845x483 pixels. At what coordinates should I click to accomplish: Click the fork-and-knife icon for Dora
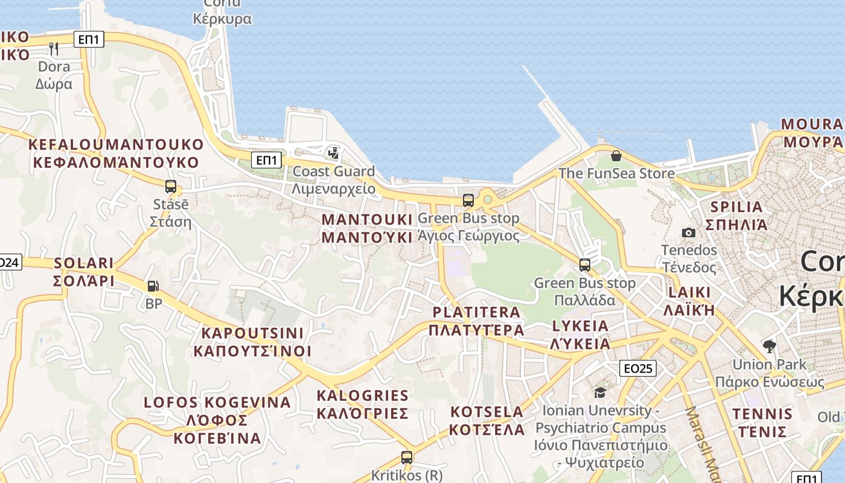pyautogui.click(x=54, y=48)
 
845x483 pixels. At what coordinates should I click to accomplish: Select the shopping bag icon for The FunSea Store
pyautogui.click(x=616, y=156)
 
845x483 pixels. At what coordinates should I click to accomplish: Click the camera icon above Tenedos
pyautogui.click(x=688, y=232)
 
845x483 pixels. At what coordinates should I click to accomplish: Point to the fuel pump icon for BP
pyautogui.click(x=153, y=286)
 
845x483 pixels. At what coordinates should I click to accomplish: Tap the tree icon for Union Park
pyautogui.click(x=769, y=347)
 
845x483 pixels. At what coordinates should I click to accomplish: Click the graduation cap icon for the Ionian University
pyautogui.click(x=600, y=393)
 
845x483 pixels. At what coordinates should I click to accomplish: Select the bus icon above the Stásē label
pyautogui.click(x=171, y=187)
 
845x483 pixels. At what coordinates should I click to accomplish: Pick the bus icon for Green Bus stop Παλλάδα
pyautogui.click(x=584, y=265)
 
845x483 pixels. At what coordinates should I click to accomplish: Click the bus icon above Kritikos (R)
pyautogui.click(x=407, y=458)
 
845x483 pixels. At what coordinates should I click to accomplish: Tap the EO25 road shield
pyautogui.click(x=637, y=368)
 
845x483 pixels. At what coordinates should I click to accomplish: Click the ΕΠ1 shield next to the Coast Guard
pyautogui.click(x=267, y=160)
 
